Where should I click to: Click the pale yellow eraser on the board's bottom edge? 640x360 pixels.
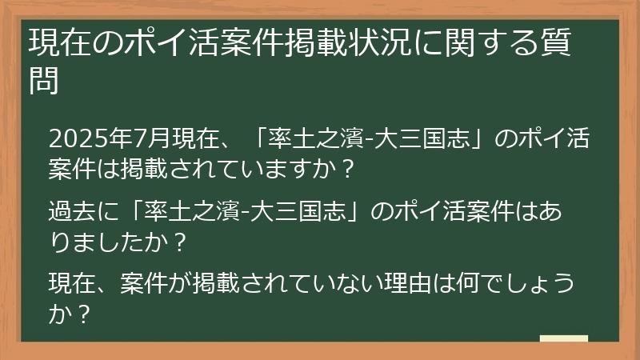click(563, 338)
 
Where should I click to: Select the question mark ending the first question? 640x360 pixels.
click(346, 170)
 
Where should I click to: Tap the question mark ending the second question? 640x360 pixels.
click(180, 241)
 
